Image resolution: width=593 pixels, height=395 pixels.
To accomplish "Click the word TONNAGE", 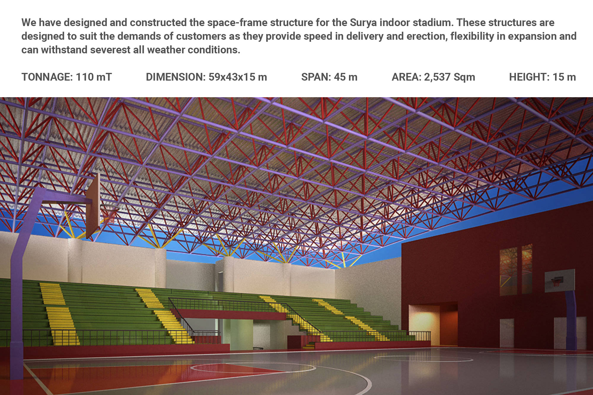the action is pos(47,77).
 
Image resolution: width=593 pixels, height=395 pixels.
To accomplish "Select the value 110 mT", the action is pos(94,77).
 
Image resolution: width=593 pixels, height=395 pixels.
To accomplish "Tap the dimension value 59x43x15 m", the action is pos(238,77).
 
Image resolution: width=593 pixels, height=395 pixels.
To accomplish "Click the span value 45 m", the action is pos(346,77).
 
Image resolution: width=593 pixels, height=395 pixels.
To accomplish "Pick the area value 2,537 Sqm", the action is pos(449,77).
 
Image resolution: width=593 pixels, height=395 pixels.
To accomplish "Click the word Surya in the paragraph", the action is pos(364,23).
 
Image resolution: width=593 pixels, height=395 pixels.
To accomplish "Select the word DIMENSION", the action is pos(176,77).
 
